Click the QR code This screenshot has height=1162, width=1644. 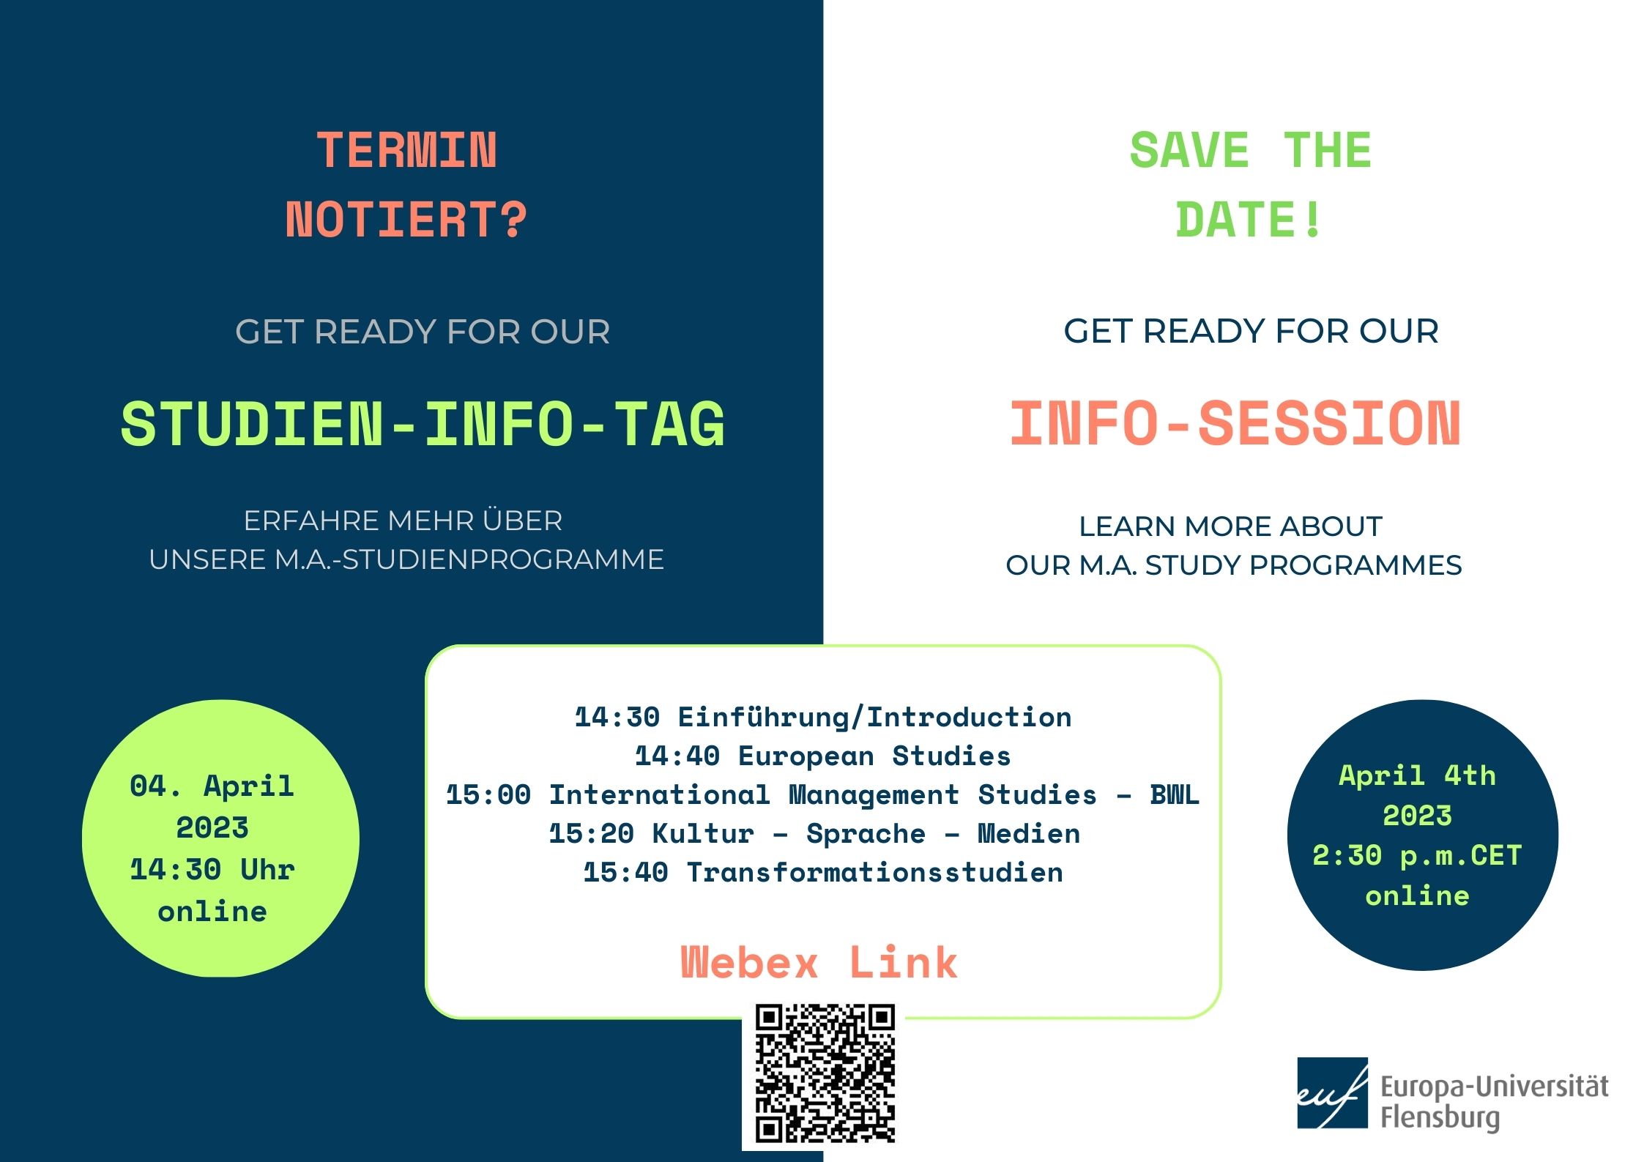[825, 1074]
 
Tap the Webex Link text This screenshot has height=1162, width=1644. [819, 962]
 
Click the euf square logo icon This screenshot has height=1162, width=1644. [1332, 1092]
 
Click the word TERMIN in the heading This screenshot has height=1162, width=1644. [406, 151]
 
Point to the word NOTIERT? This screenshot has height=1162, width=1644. [406, 220]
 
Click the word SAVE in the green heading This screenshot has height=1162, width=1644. [1189, 150]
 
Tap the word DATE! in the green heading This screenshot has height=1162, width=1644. [1249, 220]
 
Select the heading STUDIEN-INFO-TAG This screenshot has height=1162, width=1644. [423, 424]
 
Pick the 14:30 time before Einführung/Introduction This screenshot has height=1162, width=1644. [617, 717]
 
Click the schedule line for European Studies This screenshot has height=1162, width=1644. [823, 756]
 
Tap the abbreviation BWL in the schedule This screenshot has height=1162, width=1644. [1175, 794]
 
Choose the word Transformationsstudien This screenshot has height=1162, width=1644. [874, 872]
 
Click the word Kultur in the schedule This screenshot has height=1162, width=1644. [703, 833]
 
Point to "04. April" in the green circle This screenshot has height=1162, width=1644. [212, 786]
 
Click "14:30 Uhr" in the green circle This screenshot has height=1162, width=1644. [212, 870]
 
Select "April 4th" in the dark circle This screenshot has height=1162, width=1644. [1418, 775]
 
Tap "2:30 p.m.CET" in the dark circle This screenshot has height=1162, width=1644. [1418, 856]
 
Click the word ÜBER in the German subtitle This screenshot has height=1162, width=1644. [522, 521]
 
